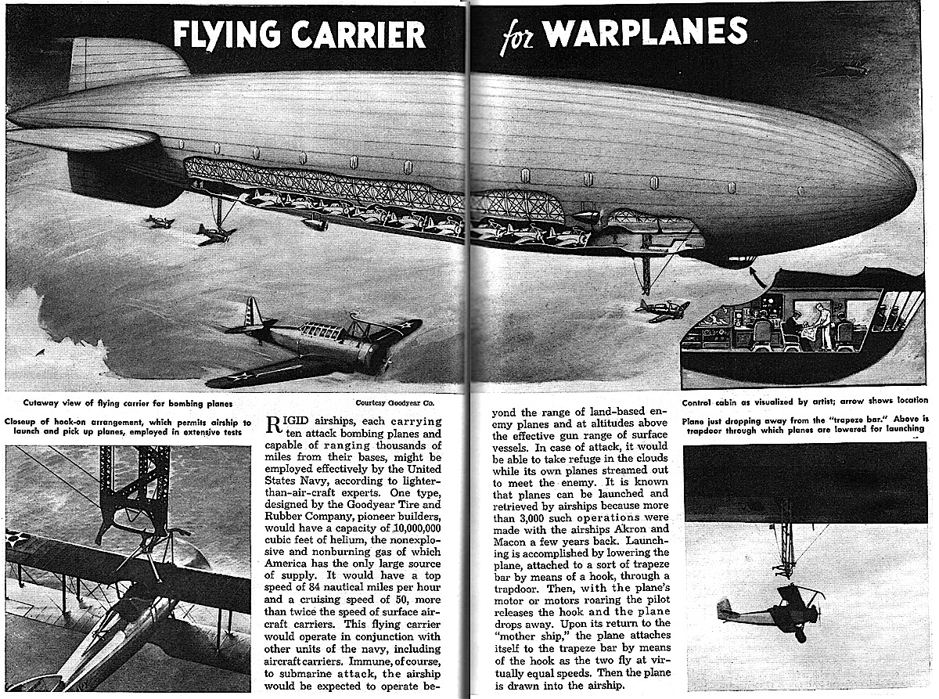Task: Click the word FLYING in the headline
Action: point(221,34)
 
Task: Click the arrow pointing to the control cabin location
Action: point(755,274)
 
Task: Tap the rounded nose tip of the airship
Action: point(912,190)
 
